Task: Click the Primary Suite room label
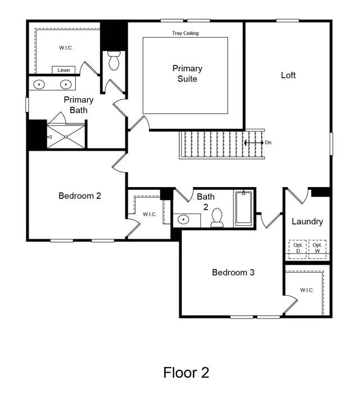click(187, 74)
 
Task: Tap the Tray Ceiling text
click(186, 33)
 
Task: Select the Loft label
click(289, 75)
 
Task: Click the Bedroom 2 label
click(80, 196)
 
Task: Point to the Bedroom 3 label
click(233, 273)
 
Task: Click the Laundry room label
click(307, 221)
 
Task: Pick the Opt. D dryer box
click(298, 249)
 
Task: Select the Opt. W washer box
click(317, 249)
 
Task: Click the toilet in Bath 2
click(217, 218)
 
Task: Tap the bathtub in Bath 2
click(244, 208)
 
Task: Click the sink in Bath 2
click(183, 220)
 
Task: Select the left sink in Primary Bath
click(39, 84)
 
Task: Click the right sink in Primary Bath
click(66, 84)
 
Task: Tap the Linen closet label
click(64, 70)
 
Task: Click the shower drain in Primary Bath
click(66, 137)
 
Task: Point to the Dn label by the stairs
click(268, 143)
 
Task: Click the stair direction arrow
click(254, 143)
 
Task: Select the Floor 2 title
click(186, 373)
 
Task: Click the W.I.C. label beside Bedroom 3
click(307, 290)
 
